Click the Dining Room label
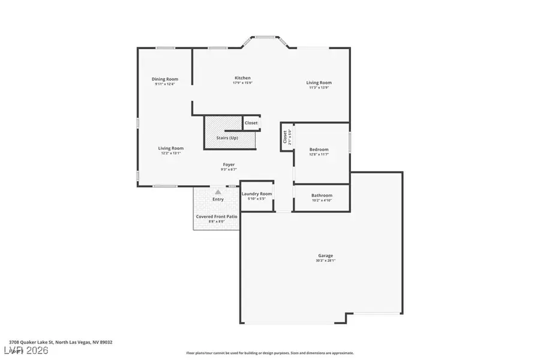click(164, 79)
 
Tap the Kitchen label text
click(242, 78)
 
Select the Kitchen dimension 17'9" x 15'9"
click(242, 83)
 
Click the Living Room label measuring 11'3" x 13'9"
click(319, 83)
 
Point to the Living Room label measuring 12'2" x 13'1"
click(171, 148)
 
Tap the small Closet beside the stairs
click(251, 123)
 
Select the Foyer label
click(229, 164)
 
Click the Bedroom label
click(319, 149)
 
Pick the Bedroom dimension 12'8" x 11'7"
click(319, 155)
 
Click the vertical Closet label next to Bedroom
click(285, 137)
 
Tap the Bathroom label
click(322, 196)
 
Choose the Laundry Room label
click(257, 194)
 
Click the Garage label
click(325, 256)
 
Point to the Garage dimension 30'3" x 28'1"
click(325, 261)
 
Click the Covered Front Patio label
click(217, 216)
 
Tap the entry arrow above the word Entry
click(218, 193)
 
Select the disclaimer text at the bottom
click(270, 353)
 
